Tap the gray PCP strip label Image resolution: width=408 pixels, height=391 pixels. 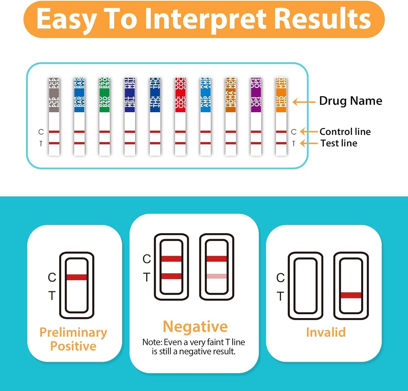54,95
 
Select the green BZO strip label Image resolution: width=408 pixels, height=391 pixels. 104,95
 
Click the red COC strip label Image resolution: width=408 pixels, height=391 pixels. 180,95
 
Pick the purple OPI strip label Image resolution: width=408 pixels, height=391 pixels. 256,95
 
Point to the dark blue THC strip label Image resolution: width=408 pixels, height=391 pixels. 155,95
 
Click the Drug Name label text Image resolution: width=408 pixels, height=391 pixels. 350,101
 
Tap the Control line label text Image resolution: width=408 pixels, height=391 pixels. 345,132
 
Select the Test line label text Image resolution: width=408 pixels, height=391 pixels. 339,143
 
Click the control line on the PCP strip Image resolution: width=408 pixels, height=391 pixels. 54,132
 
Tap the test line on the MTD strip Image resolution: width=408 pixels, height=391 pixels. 281,143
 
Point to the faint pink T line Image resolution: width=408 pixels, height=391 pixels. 217,276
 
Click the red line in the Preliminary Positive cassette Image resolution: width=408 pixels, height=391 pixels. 77,277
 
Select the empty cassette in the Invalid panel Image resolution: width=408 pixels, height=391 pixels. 305,285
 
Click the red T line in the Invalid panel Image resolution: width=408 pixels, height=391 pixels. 351,295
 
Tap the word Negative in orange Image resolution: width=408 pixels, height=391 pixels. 195,327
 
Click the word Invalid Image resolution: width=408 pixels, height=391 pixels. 326,332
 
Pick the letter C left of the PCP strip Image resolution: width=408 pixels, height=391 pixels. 41,132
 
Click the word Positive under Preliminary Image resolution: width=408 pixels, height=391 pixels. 73,346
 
